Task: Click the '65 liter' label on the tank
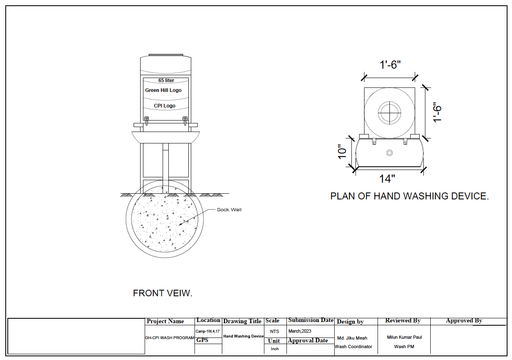tap(166, 80)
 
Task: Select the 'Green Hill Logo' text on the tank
tap(163, 90)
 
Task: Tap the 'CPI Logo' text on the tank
tap(165, 106)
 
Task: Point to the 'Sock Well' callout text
tap(229, 210)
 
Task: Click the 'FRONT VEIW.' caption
tap(163, 293)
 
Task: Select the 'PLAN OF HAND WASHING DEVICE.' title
tap(409, 196)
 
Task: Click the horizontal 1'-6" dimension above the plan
tap(390, 65)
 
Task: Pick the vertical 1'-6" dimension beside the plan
tap(437, 112)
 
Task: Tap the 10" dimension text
tap(342, 152)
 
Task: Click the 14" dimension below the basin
tap(387, 179)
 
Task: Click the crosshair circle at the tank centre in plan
tap(389, 112)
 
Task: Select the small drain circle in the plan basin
tap(389, 153)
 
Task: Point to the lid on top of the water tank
tap(165, 55)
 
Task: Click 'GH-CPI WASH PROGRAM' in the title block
tap(170, 338)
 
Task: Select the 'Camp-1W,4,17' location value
tap(208, 331)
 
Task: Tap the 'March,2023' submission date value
tap(300, 331)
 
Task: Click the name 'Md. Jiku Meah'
tap(352, 338)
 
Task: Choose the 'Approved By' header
tap(464, 321)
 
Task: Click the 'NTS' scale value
tap(275, 331)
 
